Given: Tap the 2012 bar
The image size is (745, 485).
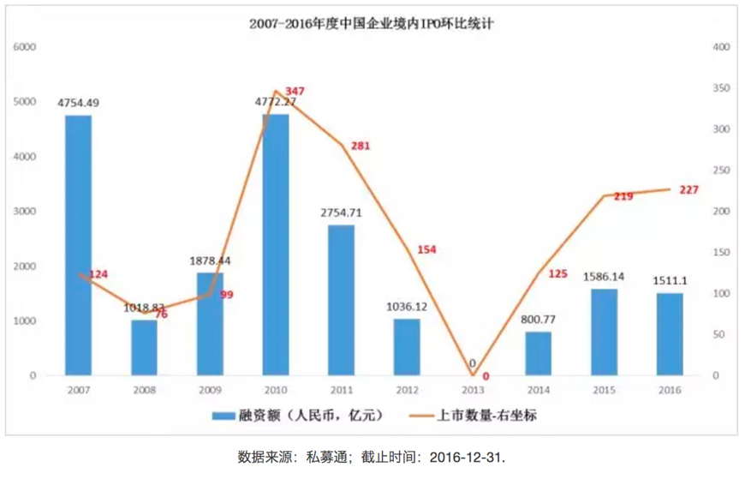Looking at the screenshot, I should pyautogui.click(x=407, y=347).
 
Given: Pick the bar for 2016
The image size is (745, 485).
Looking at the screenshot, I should pyautogui.click(x=670, y=334).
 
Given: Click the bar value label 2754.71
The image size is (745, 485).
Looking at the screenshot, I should pyautogui.click(x=342, y=212).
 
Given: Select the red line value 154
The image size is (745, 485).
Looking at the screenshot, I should pyautogui.click(x=427, y=249).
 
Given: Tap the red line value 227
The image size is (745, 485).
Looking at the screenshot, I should pyautogui.click(x=688, y=189).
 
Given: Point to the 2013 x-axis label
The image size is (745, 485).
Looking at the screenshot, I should pyautogui.click(x=473, y=389).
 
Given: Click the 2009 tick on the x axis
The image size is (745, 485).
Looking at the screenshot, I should pyautogui.click(x=210, y=389).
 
